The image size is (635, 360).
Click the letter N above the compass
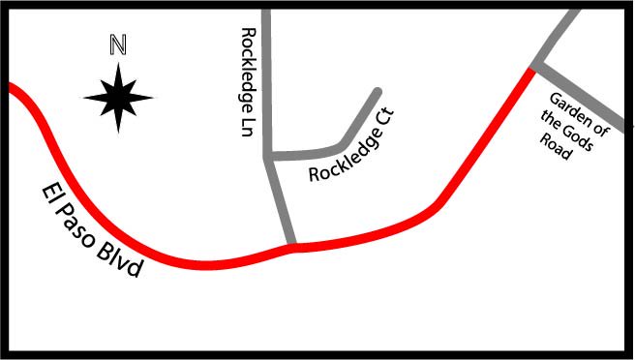[118, 45]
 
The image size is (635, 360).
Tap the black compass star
[118, 98]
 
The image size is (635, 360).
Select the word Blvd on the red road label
[120, 262]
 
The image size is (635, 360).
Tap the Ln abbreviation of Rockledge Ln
[248, 127]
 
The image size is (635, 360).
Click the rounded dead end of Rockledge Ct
[378, 92]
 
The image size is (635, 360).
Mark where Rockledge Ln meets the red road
[291, 245]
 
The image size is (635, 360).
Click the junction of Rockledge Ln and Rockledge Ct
[267, 156]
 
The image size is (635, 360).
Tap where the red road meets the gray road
[530, 71]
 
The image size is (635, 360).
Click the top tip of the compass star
[118, 63]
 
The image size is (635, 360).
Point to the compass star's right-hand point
[153, 98]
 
